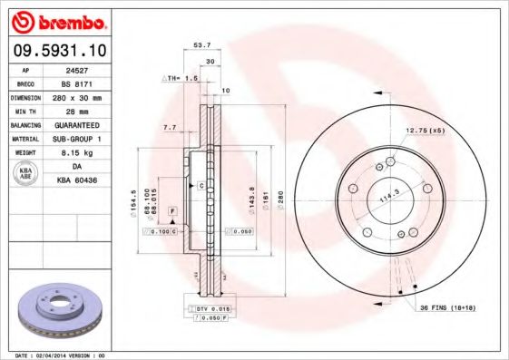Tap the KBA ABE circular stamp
[x=26, y=174]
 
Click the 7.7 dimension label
[x=169, y=128]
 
